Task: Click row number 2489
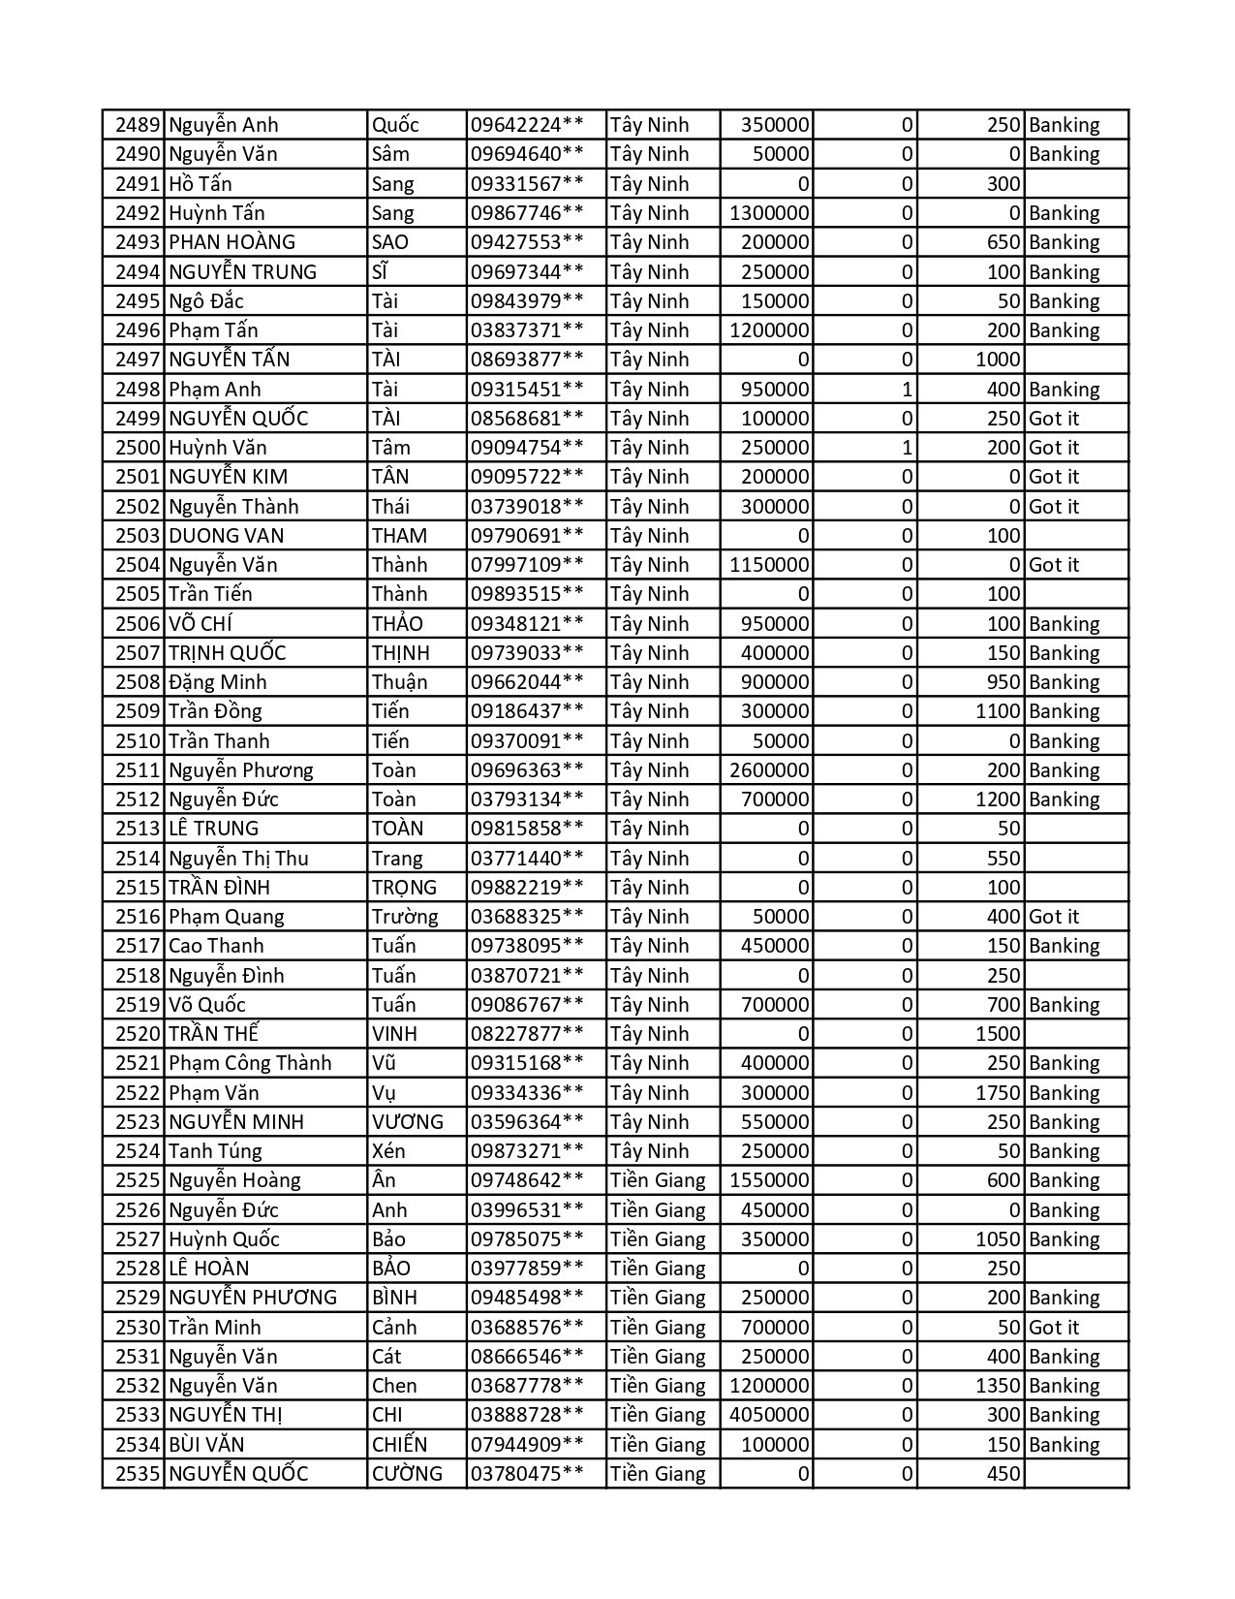[x=137, y=125]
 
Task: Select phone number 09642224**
[x=527, y=125]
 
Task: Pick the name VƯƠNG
[x=407, y=1122]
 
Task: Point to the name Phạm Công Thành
[x=250, y=1063]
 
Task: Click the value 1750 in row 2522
[x=997, y=1093]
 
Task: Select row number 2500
[x=137, y=448]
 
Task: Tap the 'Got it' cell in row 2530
[x=1053, y=1328]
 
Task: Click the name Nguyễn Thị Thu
[x=238, y=859]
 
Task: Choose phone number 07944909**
[x=527, y=1445]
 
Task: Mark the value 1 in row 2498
[x=907, y=390]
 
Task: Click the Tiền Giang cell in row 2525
[x=658, y=1180]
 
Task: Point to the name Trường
[x=404, y=917]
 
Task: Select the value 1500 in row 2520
[x=997, y=1034]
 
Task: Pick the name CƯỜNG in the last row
[x=407, y=1474]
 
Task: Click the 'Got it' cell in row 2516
[x=1053, y=917]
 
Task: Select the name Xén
[x=388, y=1151]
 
